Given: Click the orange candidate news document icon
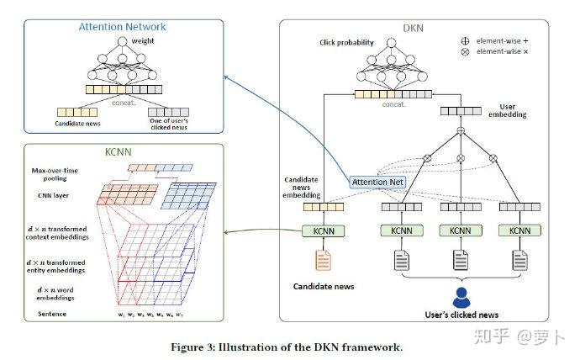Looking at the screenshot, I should coord(323,262).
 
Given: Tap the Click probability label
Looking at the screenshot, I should coord(345,42).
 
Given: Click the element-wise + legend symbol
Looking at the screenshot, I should coord(465,40).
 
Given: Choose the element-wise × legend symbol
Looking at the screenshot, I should coord(465,52).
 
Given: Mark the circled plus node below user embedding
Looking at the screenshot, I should coord(461,130).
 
